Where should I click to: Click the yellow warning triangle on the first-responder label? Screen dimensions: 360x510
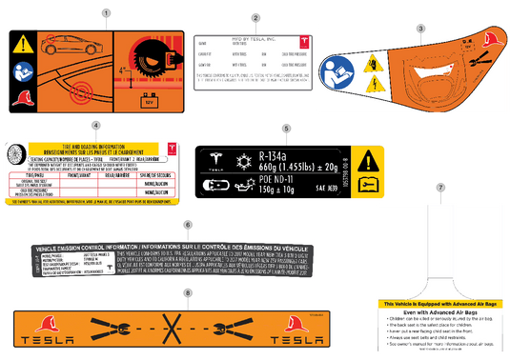[x=22, y=44]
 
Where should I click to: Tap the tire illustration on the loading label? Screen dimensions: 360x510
[x=17, y=157]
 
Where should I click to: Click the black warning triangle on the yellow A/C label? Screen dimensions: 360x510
[x=367, y=159]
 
